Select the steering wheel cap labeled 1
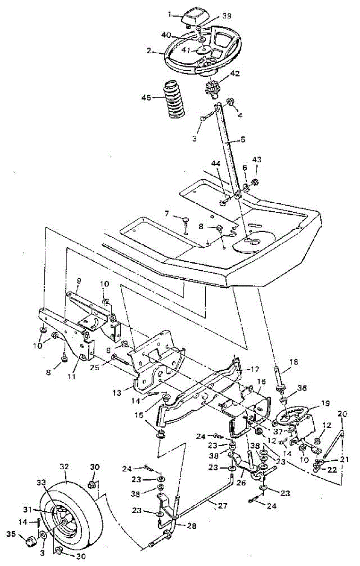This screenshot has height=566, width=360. point(193,17)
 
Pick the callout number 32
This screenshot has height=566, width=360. point(64,466)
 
